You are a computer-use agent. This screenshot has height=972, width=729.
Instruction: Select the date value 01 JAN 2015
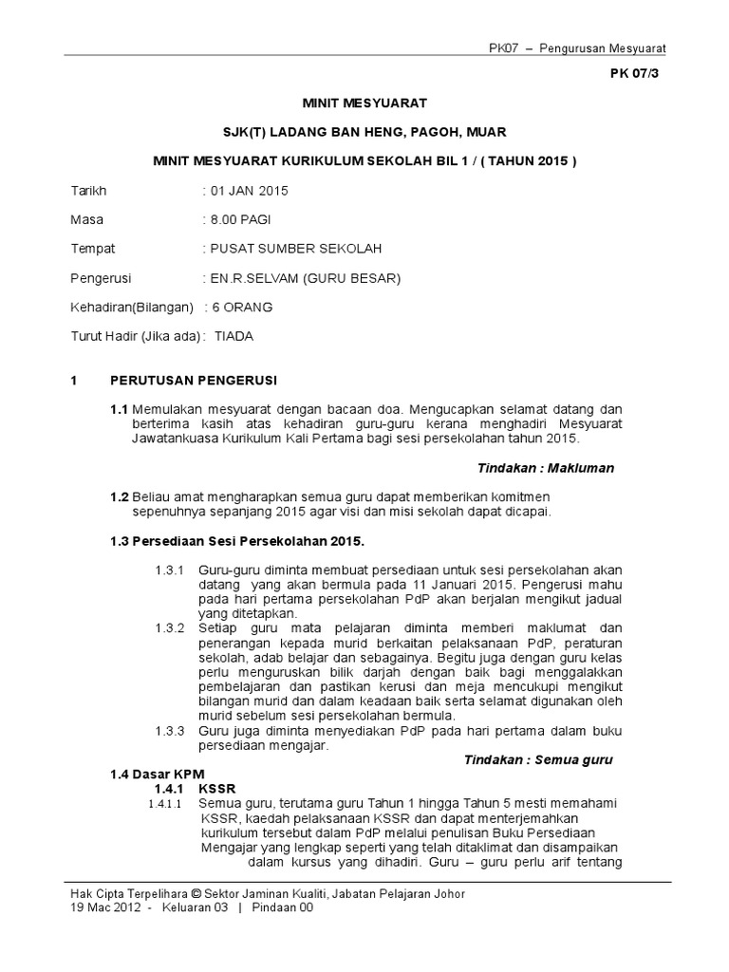(x=247, y=191)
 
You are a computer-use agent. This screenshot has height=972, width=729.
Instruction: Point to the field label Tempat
(x=93, y=249)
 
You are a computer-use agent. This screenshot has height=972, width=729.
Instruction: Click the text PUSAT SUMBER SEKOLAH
(x=294, y=249)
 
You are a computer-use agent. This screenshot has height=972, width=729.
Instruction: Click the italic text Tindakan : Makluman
(x=545, y=468)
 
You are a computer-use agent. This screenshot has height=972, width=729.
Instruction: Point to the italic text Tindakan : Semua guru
(x=538, y=760)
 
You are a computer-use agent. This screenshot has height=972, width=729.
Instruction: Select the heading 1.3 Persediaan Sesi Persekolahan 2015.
(x=237, y=541)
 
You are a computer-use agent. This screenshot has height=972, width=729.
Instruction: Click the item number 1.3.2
(x=171, y=628)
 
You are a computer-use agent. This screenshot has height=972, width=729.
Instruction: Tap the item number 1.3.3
(x=171, y=731)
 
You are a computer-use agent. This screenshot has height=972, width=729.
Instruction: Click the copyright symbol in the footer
(x=196, y=894)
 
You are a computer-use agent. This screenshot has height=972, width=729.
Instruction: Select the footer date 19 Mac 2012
(x=106, y=908)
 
